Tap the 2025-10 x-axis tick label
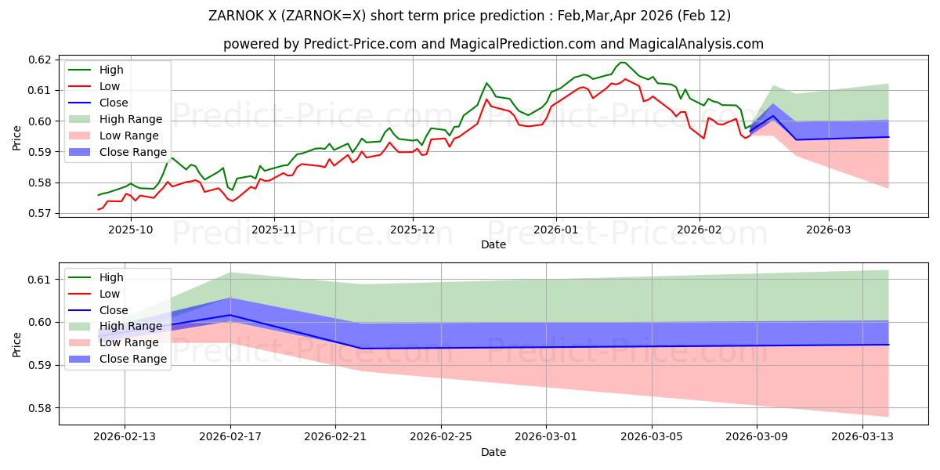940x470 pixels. [130, 230]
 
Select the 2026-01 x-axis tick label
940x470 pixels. [555, 230]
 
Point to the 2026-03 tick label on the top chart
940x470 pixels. [829, 230]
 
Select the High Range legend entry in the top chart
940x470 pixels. [130, 119]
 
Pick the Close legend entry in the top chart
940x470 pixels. [114, 103]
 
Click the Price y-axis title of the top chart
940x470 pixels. [17, 136]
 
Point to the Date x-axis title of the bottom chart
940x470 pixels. [493, 452]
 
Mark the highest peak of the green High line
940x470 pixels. [622, 63]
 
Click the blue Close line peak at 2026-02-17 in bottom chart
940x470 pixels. [230, 315]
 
